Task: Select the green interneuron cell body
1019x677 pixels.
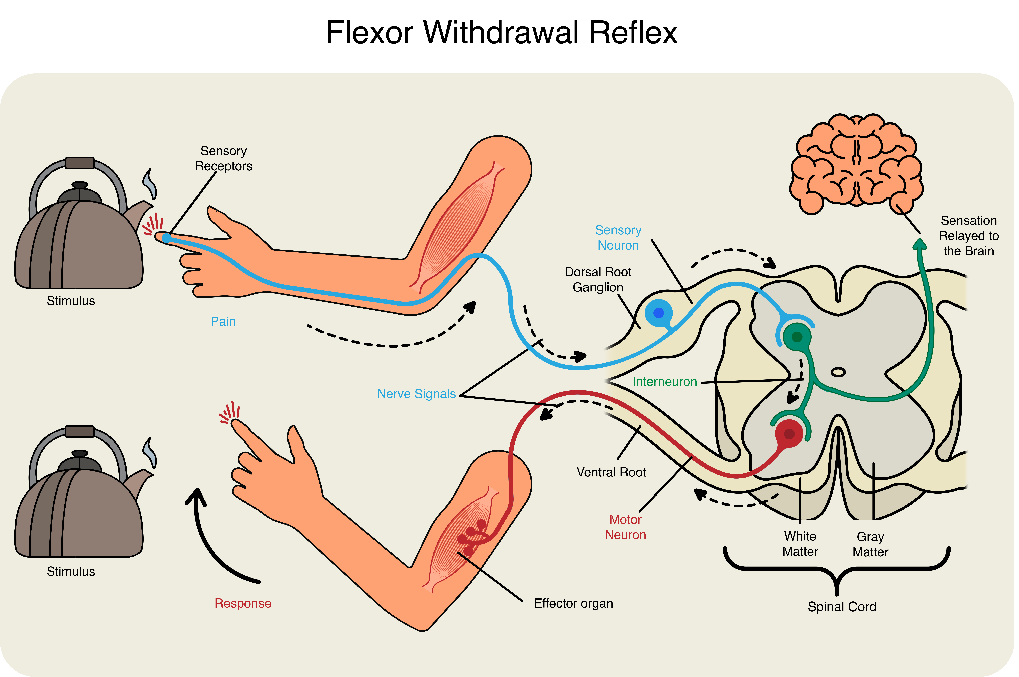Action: pos(797,337)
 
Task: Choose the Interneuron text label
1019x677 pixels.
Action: pos(664,382)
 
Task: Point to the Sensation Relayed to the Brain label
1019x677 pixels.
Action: pos(968,236)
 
